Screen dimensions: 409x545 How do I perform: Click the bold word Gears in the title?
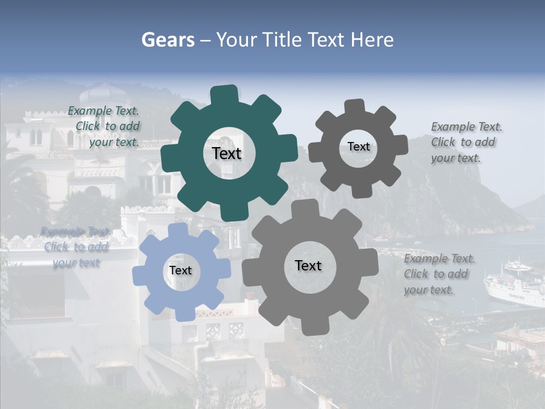pyautogui.click(x=168, y=40)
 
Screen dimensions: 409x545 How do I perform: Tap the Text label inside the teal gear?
pyautogui.click(x=227, y=153)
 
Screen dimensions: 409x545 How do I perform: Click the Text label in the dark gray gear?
pyautogui.click(x=359, y=147)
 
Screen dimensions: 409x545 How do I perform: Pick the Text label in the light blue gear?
pyautogui.click(x=181, y=270)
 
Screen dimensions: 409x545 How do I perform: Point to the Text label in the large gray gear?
pyautogui.click(x=308, y=265)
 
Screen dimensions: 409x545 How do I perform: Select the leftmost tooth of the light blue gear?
pyautogui.click(x=140, y=275)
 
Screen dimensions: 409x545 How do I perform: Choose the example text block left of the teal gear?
pyautogui.click(x=103, y=127)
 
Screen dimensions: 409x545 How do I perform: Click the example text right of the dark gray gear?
pyautogui.click(x=467, y=142)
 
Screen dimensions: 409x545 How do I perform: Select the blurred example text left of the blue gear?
pyautogui.click(x=75, y=247)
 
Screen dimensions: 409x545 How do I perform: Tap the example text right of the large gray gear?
pyautogui.click(x=439, y=274)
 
